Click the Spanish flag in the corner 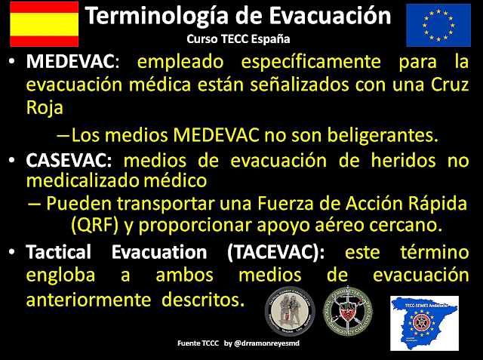coord(44,23)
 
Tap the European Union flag coord(438,23)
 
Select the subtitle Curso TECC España coord(238,38)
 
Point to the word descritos coord(203,300)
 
